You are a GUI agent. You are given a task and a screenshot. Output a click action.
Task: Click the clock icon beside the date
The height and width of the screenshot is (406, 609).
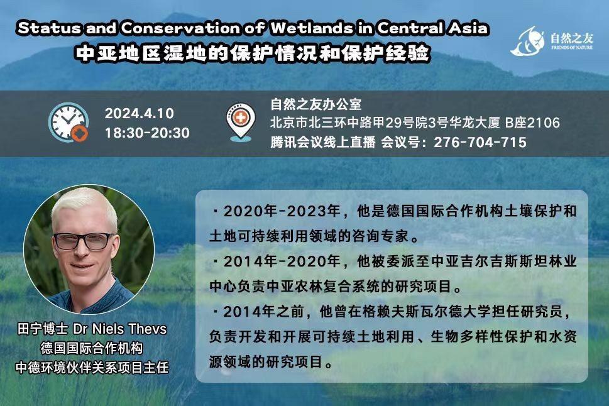click(69, 122)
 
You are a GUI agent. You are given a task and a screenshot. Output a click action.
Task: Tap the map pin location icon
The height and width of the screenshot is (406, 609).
click(241, 121)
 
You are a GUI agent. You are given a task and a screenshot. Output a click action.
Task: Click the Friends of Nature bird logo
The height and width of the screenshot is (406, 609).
click(528, 41)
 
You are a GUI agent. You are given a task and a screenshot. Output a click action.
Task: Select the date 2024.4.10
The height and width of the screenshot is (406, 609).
click(139, 114)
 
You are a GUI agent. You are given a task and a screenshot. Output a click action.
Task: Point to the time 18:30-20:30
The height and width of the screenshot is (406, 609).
click(147, 133)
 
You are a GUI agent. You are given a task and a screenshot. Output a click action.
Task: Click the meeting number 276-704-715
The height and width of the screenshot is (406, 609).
click(480, 142)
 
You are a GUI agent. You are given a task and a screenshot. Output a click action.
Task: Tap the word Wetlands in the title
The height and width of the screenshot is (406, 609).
click(312, 28)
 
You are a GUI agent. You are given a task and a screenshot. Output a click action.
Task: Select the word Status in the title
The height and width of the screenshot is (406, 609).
click(50, 28)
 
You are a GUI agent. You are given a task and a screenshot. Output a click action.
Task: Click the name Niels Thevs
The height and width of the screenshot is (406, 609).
click(129, 329)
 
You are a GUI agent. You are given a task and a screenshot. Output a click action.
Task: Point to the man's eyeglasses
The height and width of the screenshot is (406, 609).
click(83, 241)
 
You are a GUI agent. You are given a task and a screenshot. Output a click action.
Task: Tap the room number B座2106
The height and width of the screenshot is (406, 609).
click(532, 123)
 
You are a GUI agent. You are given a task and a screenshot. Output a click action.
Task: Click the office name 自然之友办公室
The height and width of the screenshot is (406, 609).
click(315, 104)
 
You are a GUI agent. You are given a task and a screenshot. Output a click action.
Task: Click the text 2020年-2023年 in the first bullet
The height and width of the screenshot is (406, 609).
click(282, 211)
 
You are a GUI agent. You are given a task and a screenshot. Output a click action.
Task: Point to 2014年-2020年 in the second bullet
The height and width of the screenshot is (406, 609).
click(282, 261)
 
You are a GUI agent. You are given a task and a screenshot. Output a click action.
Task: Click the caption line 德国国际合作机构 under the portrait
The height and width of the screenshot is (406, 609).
click(92, 348)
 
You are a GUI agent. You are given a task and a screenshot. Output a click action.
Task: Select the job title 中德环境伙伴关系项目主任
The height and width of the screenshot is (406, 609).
click(92, 367)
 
